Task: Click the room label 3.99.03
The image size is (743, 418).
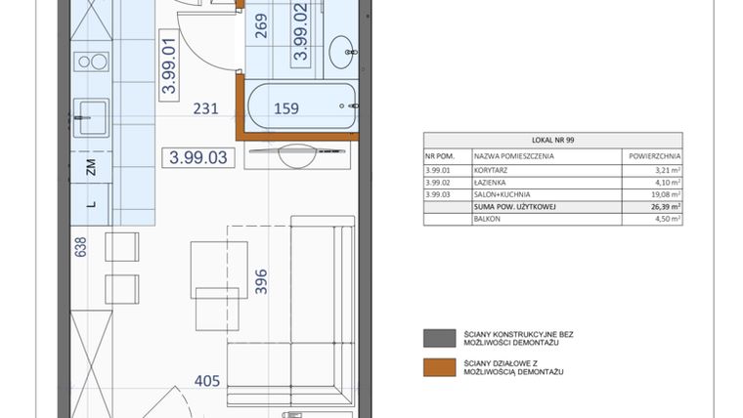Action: (x=198, y=157)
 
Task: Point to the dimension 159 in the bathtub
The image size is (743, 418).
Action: (x=285, y=109)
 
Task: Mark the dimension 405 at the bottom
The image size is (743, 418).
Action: (x=206, y=381)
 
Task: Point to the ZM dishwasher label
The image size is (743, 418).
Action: (x=91, y=167)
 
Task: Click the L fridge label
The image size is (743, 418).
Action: (x=91, y=203)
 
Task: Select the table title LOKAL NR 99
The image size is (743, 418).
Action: (x=552, y=140)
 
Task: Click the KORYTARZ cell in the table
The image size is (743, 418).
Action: (x=492, y=168)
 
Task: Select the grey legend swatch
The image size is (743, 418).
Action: (x=433, y=338)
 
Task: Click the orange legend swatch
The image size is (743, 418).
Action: (x=433, y=366)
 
